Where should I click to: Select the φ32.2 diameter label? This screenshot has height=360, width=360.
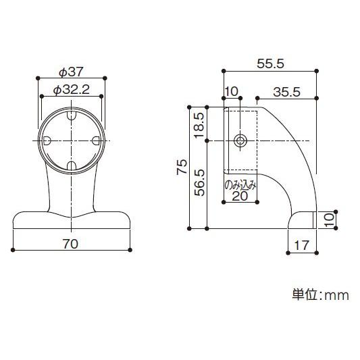[71, 89]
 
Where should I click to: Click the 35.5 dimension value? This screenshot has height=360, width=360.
[287, 92]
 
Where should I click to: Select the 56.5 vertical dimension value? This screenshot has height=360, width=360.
[199, 182]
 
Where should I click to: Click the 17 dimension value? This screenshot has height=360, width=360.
[302, 247]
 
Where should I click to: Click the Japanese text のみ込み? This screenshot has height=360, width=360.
[240, 183]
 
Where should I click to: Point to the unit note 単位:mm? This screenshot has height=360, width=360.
[319, 295]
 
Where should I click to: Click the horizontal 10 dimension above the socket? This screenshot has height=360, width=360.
[231, 92]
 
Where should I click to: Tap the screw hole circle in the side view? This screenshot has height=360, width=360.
[240, 140]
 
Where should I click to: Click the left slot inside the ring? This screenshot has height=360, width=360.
[48, 140]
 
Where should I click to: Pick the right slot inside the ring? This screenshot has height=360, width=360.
[96, 140]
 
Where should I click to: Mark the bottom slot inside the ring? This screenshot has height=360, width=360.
[72, 165]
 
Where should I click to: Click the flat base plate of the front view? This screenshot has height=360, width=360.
[71, 221]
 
